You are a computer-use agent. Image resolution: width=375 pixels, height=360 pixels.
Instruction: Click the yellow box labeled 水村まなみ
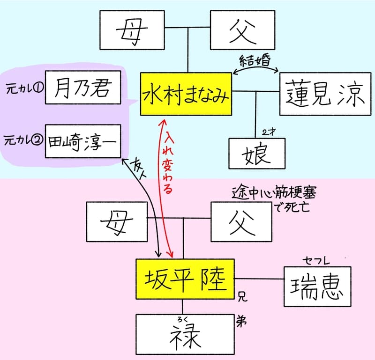[x=186, y=95]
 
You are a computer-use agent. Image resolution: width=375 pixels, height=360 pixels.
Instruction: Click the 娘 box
[x=257, y=153]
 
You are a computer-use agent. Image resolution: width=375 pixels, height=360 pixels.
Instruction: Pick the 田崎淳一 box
[x=83, y=141]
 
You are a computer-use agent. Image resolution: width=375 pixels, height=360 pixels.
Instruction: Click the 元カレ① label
[x=22, y=88]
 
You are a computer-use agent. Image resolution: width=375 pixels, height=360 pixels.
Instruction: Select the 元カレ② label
[x=22, y=140]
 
